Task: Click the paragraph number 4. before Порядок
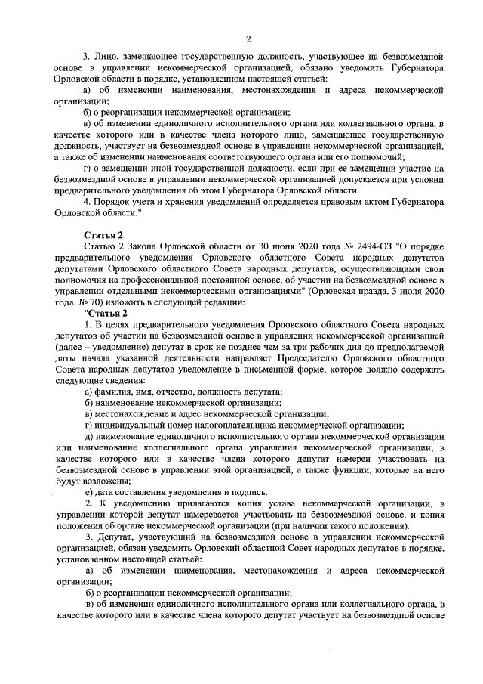click(87, 203)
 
